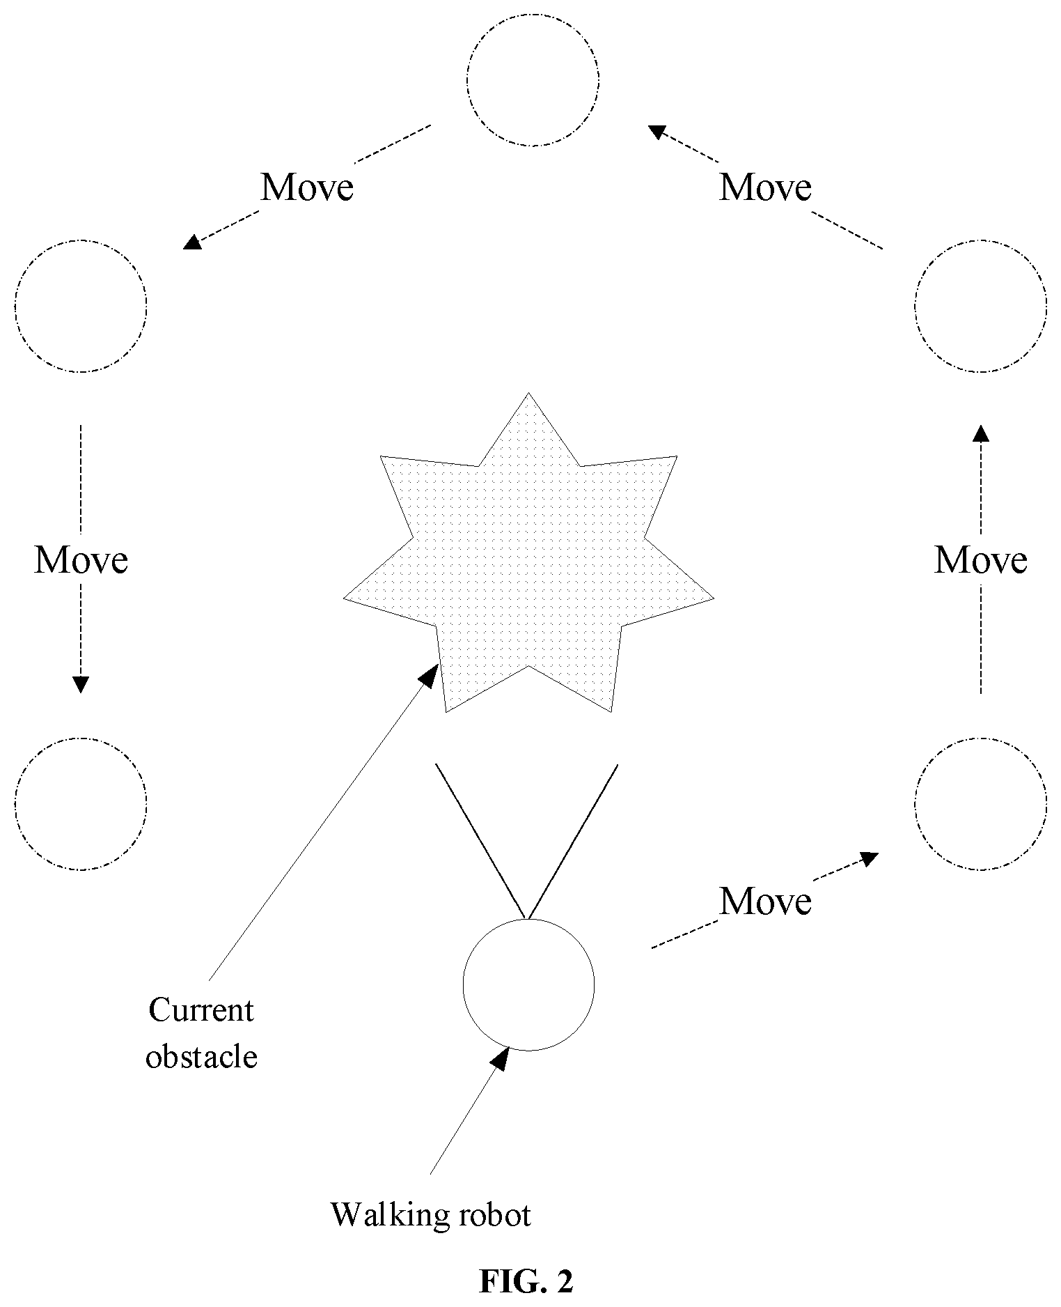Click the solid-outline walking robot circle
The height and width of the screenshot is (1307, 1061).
[463, 985]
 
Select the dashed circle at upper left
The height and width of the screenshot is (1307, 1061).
[15, 305]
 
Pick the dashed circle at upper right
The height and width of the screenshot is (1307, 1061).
[915, 305]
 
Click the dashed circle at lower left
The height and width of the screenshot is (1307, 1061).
[15, 803]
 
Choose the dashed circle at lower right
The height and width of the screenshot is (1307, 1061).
[915, 803]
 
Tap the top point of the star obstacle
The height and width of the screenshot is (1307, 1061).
[529, 393]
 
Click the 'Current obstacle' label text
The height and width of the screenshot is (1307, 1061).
[201, 1034]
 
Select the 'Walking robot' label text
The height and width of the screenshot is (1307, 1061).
[431, 1214]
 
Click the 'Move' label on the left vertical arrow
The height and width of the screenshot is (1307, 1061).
[81, 559]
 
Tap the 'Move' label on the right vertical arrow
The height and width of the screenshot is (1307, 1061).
[981, 559]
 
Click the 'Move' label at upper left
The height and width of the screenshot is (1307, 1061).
[307, 187]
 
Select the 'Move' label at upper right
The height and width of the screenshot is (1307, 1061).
[765, 187]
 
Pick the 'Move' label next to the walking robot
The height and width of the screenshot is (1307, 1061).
[765, 901]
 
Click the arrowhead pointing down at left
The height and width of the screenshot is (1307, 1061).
[81, 684]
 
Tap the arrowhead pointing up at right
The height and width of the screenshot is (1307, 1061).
[981, 433]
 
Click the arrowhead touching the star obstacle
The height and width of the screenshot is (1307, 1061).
[429, 674]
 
